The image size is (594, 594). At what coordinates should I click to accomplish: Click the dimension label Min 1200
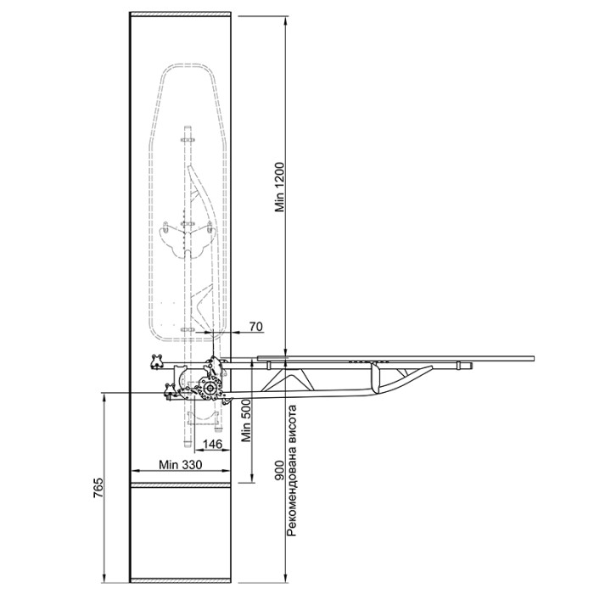279,188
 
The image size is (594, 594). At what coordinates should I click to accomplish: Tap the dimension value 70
256,326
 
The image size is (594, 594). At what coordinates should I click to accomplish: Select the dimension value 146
212,444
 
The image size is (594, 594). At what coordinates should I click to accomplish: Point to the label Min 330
180,464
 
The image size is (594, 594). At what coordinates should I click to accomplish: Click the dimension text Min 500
246,420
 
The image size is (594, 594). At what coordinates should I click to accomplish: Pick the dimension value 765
98,488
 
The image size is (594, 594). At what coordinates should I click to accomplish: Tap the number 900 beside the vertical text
279,470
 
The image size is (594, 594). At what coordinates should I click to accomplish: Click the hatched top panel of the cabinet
180,14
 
